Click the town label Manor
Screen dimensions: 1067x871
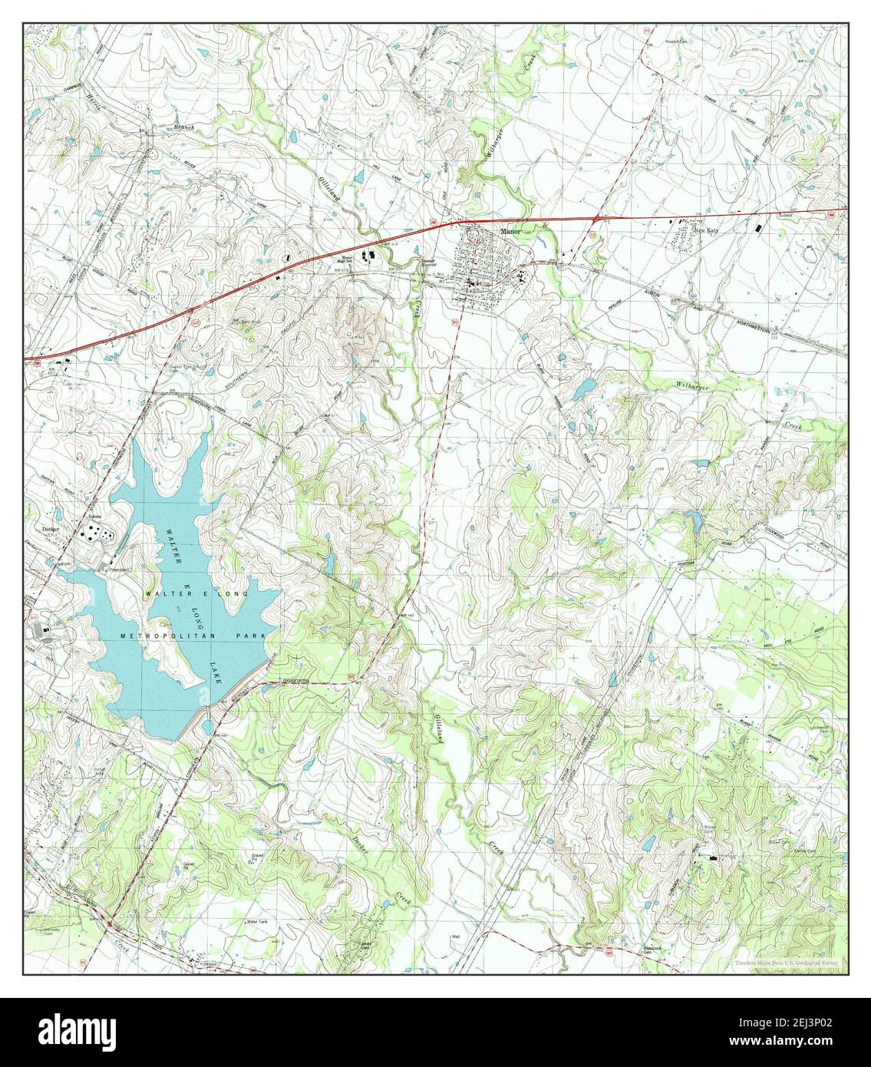click(x=510, y=230)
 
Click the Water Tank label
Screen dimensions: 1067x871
click(x=256, y=921)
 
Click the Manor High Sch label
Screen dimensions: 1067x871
click(x=348, y=260)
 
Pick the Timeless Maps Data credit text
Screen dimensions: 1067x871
click(x=786, y=962)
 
